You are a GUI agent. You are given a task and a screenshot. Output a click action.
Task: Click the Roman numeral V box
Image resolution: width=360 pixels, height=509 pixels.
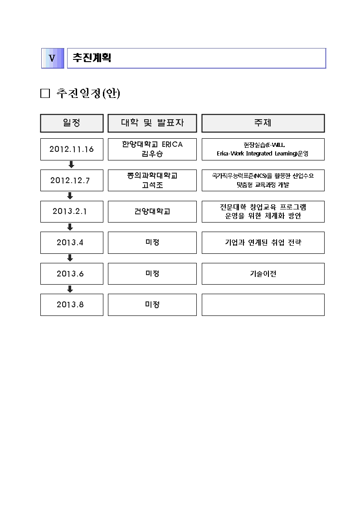[52, 58]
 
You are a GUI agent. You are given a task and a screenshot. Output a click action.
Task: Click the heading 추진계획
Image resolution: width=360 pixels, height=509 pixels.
[92, 58]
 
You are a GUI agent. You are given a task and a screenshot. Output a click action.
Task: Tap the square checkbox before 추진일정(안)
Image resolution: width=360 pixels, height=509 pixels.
[45, 93]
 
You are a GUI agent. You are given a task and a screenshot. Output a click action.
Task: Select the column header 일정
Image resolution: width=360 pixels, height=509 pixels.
[72, 123]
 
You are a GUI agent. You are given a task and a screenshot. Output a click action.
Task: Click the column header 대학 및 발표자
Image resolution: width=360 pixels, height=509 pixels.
[152, 123]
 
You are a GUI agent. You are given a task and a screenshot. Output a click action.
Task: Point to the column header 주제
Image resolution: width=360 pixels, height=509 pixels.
[263, 123]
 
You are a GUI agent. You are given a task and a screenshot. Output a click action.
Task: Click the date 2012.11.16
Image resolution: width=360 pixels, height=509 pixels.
[72, 149]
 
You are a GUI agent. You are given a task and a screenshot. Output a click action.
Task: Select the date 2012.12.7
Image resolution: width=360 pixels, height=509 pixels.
[70, 180]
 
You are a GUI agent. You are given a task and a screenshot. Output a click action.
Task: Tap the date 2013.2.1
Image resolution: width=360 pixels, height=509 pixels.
[70, 211]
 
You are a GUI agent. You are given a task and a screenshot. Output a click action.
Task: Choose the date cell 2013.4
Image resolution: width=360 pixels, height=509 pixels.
[70, 242]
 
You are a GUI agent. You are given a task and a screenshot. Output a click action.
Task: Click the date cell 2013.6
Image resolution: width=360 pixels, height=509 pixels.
[70, 274]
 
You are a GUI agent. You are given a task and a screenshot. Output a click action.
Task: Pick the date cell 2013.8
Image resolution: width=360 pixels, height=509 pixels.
[70, 305]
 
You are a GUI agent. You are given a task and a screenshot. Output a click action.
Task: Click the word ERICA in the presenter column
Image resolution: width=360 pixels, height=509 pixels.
[172, 145]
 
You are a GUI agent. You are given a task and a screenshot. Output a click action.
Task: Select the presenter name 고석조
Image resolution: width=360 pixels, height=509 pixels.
[152, 184]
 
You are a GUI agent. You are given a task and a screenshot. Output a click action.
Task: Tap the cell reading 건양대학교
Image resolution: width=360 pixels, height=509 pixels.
[152, 211]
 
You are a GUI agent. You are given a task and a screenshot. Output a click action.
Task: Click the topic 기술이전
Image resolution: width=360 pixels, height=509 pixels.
[263, 274]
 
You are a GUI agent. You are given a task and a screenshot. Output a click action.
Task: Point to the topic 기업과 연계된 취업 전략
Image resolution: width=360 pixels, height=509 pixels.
[263, 242]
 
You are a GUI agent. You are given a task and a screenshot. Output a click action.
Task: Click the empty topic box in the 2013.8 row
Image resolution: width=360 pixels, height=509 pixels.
[263, 305]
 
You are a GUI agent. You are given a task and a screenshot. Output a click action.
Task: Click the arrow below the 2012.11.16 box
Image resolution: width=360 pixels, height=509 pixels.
[70, 165]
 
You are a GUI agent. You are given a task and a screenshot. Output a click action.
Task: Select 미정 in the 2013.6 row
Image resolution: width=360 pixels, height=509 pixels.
[152, 274]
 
